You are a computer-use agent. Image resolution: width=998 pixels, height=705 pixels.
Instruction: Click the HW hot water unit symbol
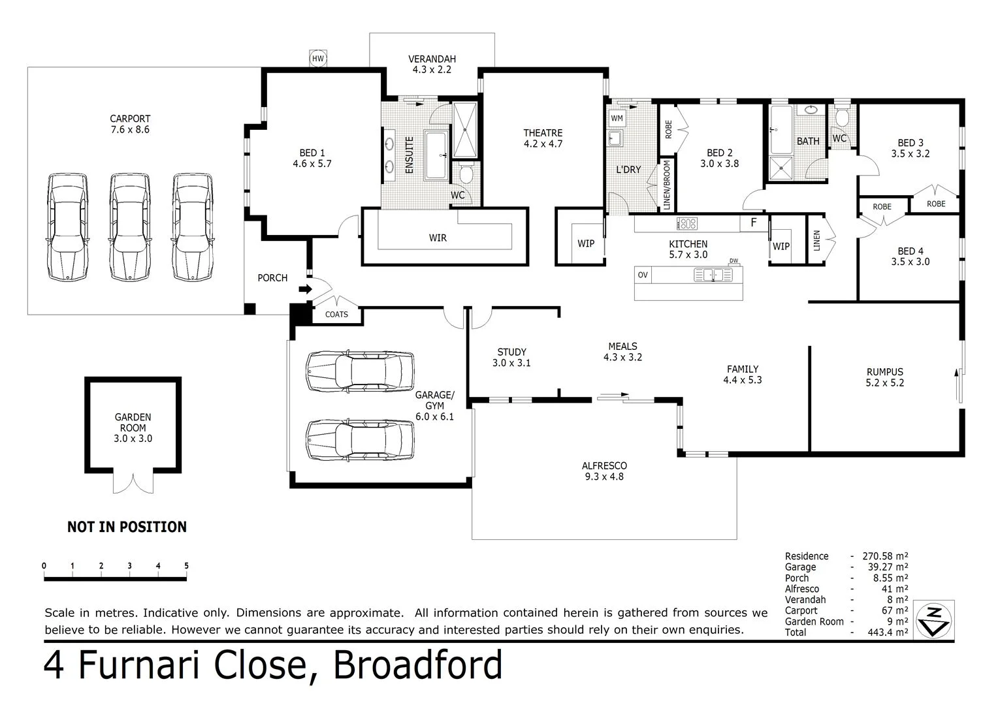tap(318, 59)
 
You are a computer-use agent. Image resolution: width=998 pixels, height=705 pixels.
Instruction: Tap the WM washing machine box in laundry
tap(617, 118)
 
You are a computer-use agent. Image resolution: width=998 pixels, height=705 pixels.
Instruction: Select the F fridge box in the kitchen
tap(753, 223)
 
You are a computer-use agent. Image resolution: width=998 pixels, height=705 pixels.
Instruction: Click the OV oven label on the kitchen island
tap(643, 275)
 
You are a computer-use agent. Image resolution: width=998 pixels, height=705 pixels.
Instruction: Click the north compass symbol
tap(937, 620)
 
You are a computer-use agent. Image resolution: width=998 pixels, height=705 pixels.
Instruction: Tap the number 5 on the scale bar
tap(187, 566)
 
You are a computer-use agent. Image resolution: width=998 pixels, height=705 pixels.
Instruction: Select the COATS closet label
tap(336, 315)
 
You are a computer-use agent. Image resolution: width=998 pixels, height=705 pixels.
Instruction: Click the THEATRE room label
tap(542, 133)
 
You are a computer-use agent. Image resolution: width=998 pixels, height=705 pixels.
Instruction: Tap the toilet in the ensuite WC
tap(466, 174)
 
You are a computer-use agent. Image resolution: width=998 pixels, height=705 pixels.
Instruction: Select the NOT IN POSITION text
tap(127, 527)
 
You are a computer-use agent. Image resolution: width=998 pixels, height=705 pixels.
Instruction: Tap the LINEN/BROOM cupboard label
tap(667, 185)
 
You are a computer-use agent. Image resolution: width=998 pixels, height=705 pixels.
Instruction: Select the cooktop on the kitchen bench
tap(687, 224)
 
